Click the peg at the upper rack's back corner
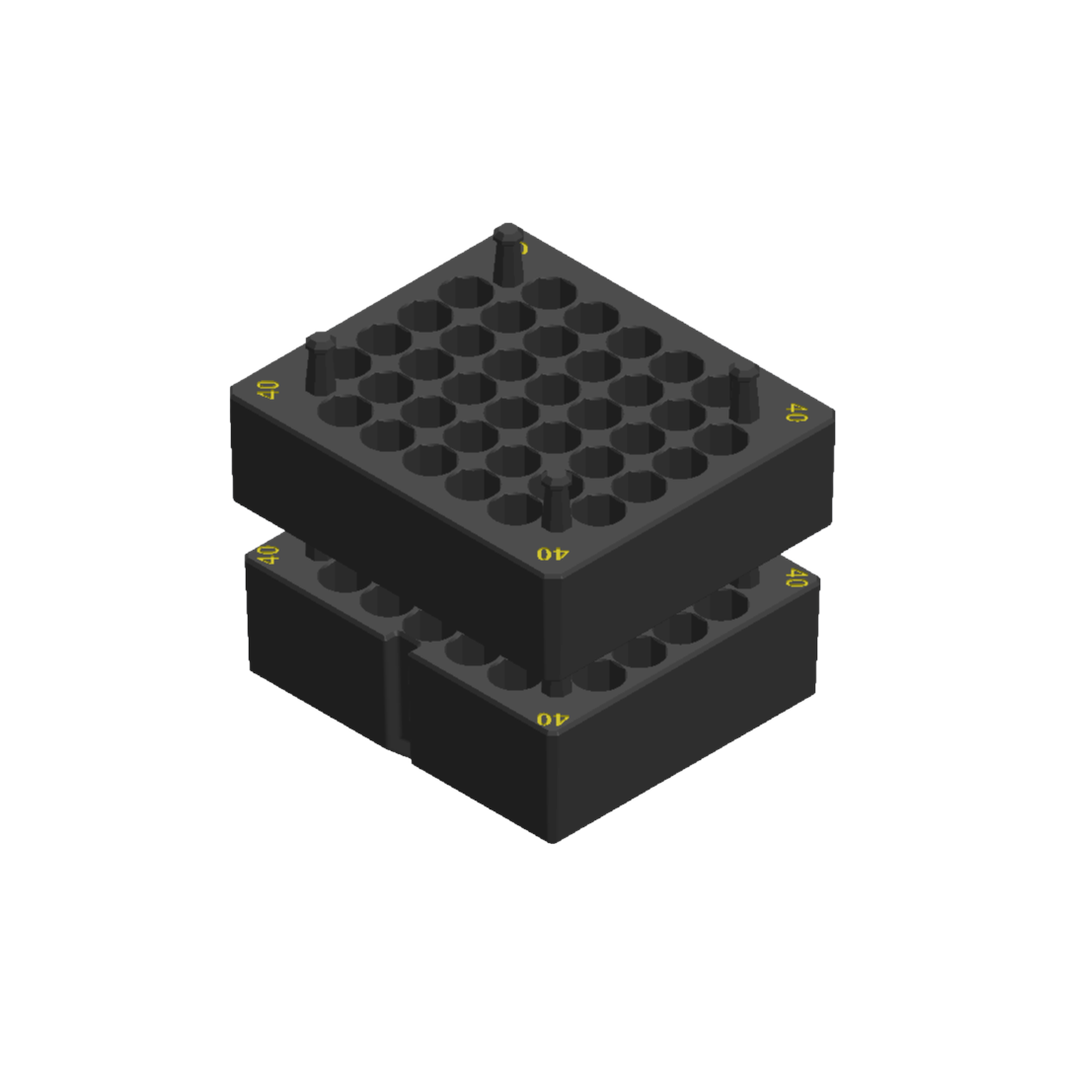[508, 255]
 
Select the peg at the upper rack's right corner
[743, 393]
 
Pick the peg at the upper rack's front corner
[557, 501]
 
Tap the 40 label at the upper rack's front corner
[553, 554]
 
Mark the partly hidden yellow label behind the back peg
[525, 247]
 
